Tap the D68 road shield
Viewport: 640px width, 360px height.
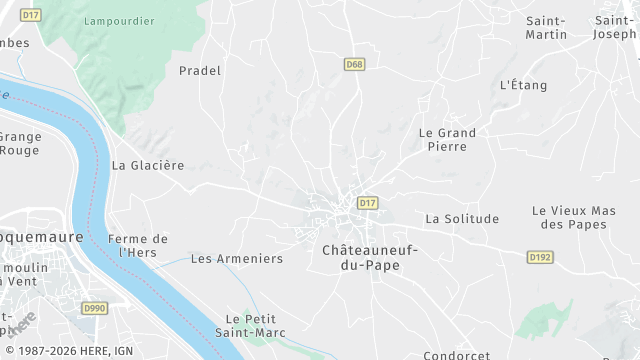(x=353, y=64)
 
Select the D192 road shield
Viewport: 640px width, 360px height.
(x=540, y=257)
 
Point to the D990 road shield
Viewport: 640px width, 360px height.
(x=95, y=309)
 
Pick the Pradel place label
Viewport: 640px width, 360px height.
(x=199, y=71)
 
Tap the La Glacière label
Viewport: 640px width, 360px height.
(x=148, y=165)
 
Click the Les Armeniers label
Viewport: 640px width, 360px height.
(x=237, y=258)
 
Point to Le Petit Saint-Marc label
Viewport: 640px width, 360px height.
(x=256, y=325)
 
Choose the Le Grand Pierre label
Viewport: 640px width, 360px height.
(x=447, y=139)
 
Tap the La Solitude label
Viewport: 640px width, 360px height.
(x=462, y=218)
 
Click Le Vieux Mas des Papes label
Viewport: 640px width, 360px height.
(x=573, y=217)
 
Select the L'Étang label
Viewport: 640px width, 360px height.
(x=523, y=85)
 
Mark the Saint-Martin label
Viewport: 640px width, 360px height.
(x=546, y=28)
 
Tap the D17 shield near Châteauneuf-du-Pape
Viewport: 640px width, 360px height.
(x=367, y=203)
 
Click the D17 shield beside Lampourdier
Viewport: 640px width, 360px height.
(x=30, y=16)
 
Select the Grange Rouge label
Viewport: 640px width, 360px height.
(x=18, y=143)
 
